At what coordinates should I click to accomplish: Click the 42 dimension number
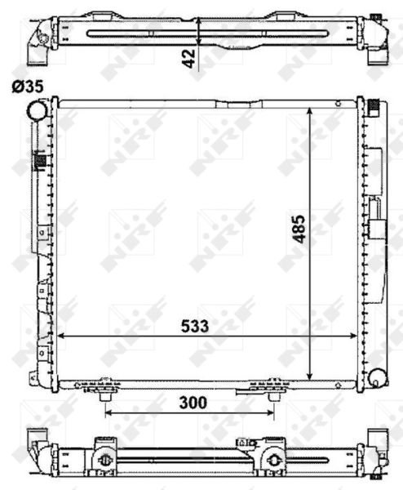[x=188, y=58]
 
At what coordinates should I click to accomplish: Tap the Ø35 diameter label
[x=28, y=86]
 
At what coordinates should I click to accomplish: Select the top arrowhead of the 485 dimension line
[x=309, y=110]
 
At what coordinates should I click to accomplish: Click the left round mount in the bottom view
[x=104, y=461]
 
